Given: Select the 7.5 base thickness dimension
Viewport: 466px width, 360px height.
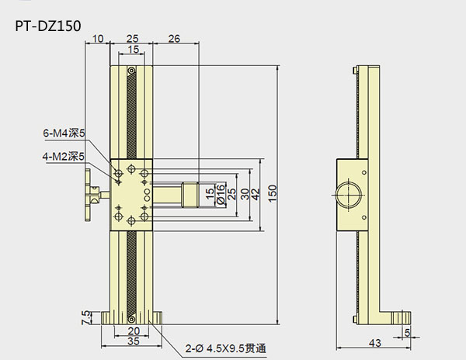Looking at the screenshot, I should pos(85,317).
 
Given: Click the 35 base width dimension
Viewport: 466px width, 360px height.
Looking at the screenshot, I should pos(133,340).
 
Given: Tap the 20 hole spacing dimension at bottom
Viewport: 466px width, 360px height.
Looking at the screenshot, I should pos(133,330).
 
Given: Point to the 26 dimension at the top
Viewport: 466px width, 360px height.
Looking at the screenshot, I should pos(175,38).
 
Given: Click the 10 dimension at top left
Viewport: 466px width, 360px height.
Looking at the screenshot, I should pos(98,38).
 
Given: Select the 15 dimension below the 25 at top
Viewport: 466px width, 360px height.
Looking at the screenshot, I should pos(134,50).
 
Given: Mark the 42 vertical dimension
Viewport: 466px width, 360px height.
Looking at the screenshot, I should pos(256,193).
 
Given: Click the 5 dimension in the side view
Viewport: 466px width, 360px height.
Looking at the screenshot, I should pos(407,333).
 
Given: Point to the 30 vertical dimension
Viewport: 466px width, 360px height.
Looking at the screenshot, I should pos(244,193).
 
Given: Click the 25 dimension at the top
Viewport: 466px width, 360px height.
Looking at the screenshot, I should pos(133,38).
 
